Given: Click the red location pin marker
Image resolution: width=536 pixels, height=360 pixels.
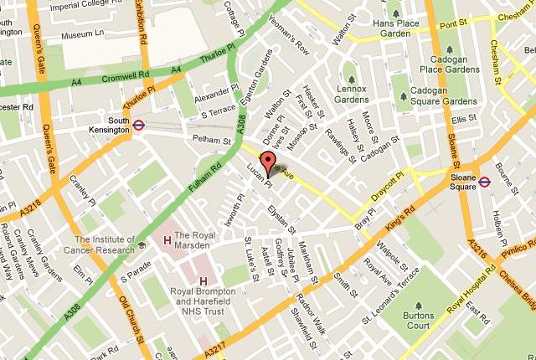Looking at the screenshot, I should pos(269,164).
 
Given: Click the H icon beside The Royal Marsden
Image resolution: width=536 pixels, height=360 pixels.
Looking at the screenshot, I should pos(167,241).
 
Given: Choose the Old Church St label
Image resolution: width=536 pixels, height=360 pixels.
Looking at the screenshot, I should pos(131,311).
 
